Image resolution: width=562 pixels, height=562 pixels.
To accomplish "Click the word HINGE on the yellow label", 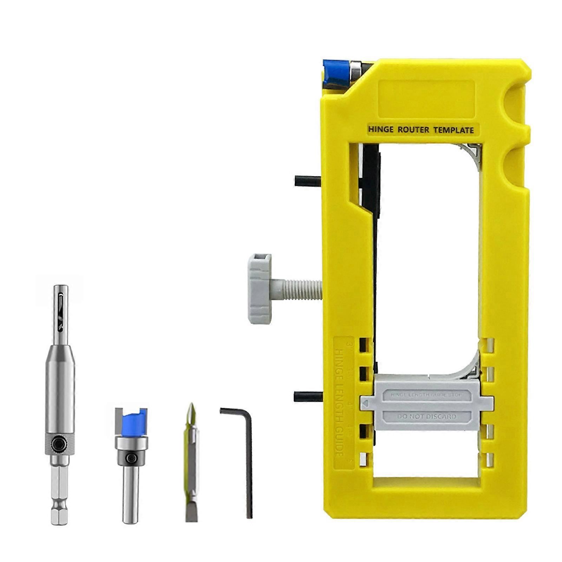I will point(381,130).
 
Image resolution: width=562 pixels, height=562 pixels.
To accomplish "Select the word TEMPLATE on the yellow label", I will point(453,130).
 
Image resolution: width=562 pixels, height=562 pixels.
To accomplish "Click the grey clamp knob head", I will point(260,289).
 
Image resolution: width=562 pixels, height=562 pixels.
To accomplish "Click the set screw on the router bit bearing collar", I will point(132,458).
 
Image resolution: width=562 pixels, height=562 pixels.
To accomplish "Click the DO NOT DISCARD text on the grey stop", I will point(426,417).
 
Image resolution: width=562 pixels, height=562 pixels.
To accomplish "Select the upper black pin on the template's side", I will point(308,181).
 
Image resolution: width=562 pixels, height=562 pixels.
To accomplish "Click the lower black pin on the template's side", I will point(307,397).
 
